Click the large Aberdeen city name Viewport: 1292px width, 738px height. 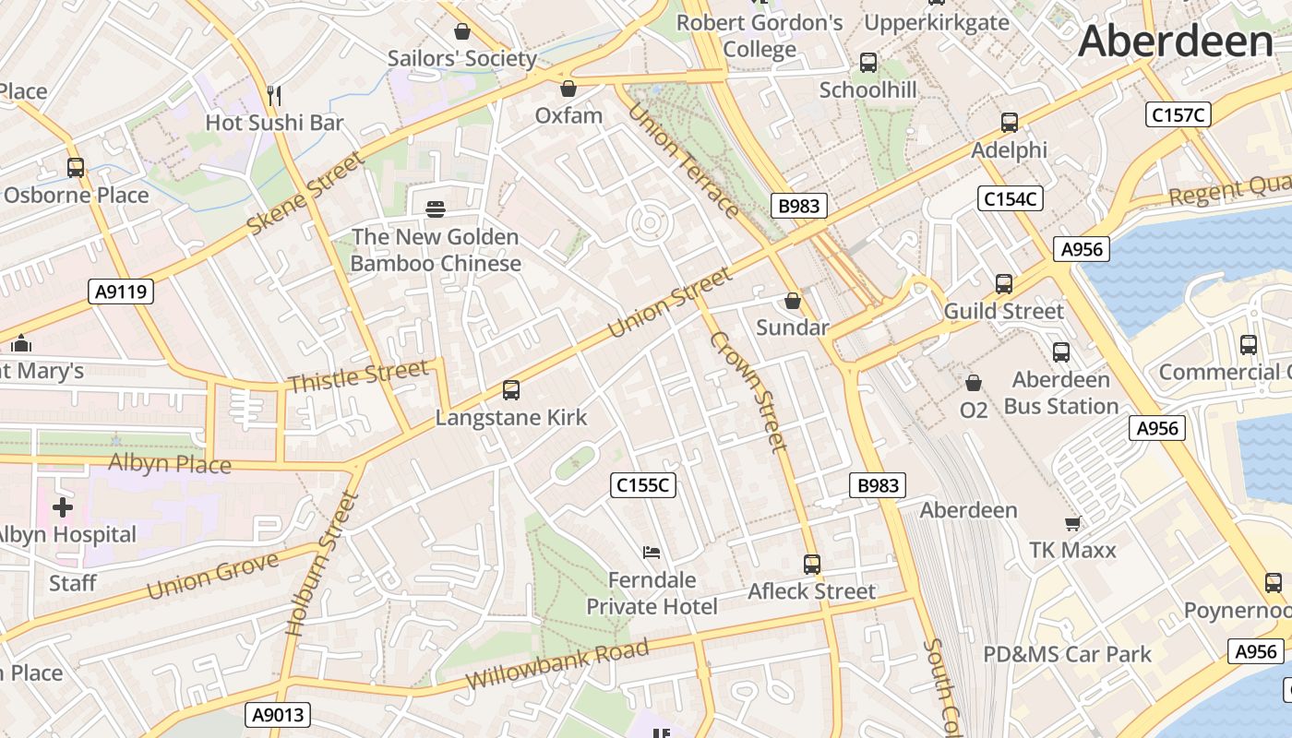click(x=1175, y=42)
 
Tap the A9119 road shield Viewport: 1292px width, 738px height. click(x=121, y=292)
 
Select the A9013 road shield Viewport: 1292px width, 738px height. click(x=278, y=714)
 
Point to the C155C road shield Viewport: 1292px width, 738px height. click(x=643, y=484)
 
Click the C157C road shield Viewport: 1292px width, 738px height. click(x=1177, y=114)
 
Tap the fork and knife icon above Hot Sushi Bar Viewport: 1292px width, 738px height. click(x=273, y=95)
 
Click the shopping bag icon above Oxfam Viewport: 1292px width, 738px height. click(x=568, y=89)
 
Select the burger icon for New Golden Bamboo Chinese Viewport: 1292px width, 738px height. click(x=436, y=209)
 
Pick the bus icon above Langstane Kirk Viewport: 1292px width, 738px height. click(x=511, y=390)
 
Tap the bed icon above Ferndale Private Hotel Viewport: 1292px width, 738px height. click(x=652, y=553)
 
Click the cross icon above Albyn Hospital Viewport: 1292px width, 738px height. click(x=63, y=507)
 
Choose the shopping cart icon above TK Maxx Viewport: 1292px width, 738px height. click(x=1072, y=523)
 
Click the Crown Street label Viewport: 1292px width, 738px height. click(x=748, y=391)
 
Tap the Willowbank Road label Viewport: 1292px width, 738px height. click(x=556, y=664)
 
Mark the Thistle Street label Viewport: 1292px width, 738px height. click(x=358, y=376)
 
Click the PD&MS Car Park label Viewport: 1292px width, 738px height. click(x=1067, y=654)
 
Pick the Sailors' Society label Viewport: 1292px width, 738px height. click(x=461, y=58)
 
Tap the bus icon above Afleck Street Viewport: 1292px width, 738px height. click(x=812, y=564)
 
